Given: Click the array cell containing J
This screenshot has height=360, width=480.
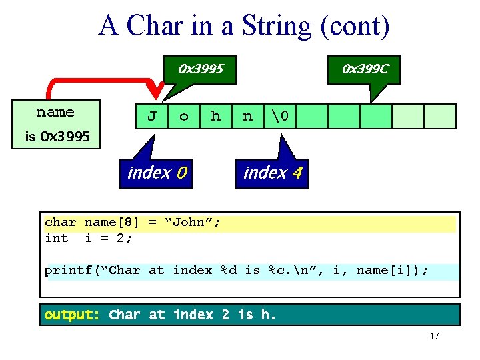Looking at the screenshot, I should tap(152, 116).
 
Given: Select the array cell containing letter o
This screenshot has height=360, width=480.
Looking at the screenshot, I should tap(184, 116).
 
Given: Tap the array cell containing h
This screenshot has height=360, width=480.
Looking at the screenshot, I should tap(216, 116).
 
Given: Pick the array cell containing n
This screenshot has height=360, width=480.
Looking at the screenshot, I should tap(248, 116).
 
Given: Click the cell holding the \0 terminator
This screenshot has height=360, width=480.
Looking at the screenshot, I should tap(280, 116).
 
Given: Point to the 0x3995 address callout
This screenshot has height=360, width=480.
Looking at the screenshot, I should tap(200, 69).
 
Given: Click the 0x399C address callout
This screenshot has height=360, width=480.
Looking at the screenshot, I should tap(365, 69).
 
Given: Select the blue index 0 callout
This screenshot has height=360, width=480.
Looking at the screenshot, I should tap(157, 173).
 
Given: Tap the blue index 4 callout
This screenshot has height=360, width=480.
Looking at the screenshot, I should tap(273, 173).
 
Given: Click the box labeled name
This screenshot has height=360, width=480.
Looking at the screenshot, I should tap(55, 113).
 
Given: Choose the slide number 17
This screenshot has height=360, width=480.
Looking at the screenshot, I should tap(434, 336).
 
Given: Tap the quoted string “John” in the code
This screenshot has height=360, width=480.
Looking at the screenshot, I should tap(193, 223).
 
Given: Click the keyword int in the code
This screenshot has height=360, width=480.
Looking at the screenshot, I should tap(56, 238).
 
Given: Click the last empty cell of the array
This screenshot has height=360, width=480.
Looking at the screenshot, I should tap(440, 116).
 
